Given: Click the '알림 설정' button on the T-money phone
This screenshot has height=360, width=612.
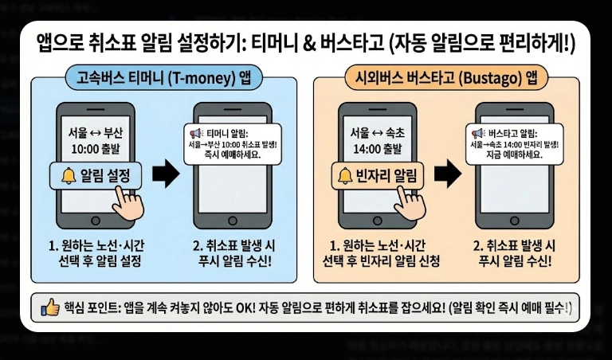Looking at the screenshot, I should coord(96,174).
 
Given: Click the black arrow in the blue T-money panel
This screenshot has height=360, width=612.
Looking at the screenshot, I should coord(166,174).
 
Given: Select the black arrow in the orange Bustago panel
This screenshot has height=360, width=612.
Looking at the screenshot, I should coord(450,174).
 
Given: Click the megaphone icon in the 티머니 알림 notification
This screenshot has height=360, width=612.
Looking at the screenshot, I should coord(195,133).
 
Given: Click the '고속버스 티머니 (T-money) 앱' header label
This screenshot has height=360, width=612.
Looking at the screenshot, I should coord(163,79).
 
